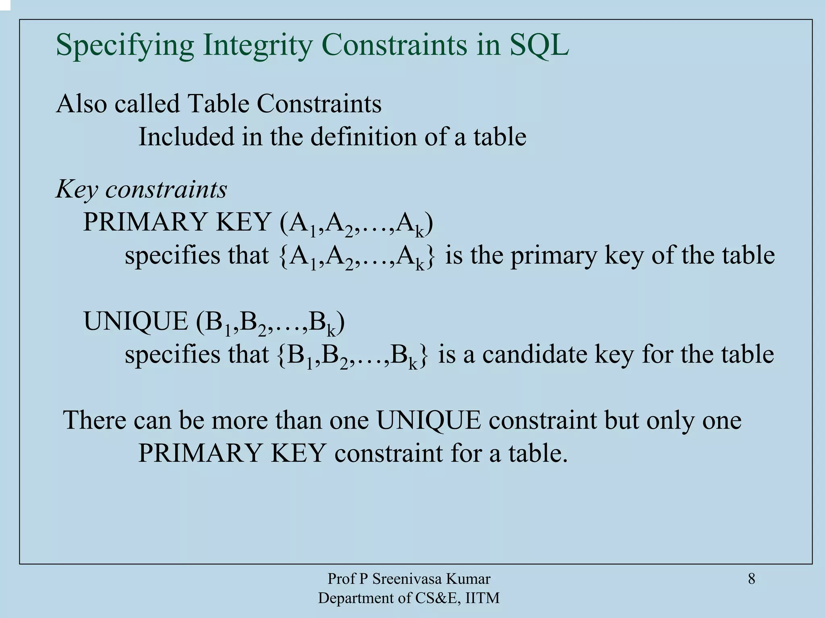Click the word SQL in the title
[539, 45]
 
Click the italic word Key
[77, 189]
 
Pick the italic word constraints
[166, 189]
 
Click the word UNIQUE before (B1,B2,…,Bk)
[136, 321]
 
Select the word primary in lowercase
[554, 255]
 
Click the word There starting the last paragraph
[95, 420]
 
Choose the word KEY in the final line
[298, 453]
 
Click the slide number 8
[751, 579]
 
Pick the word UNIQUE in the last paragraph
[429, 420]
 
